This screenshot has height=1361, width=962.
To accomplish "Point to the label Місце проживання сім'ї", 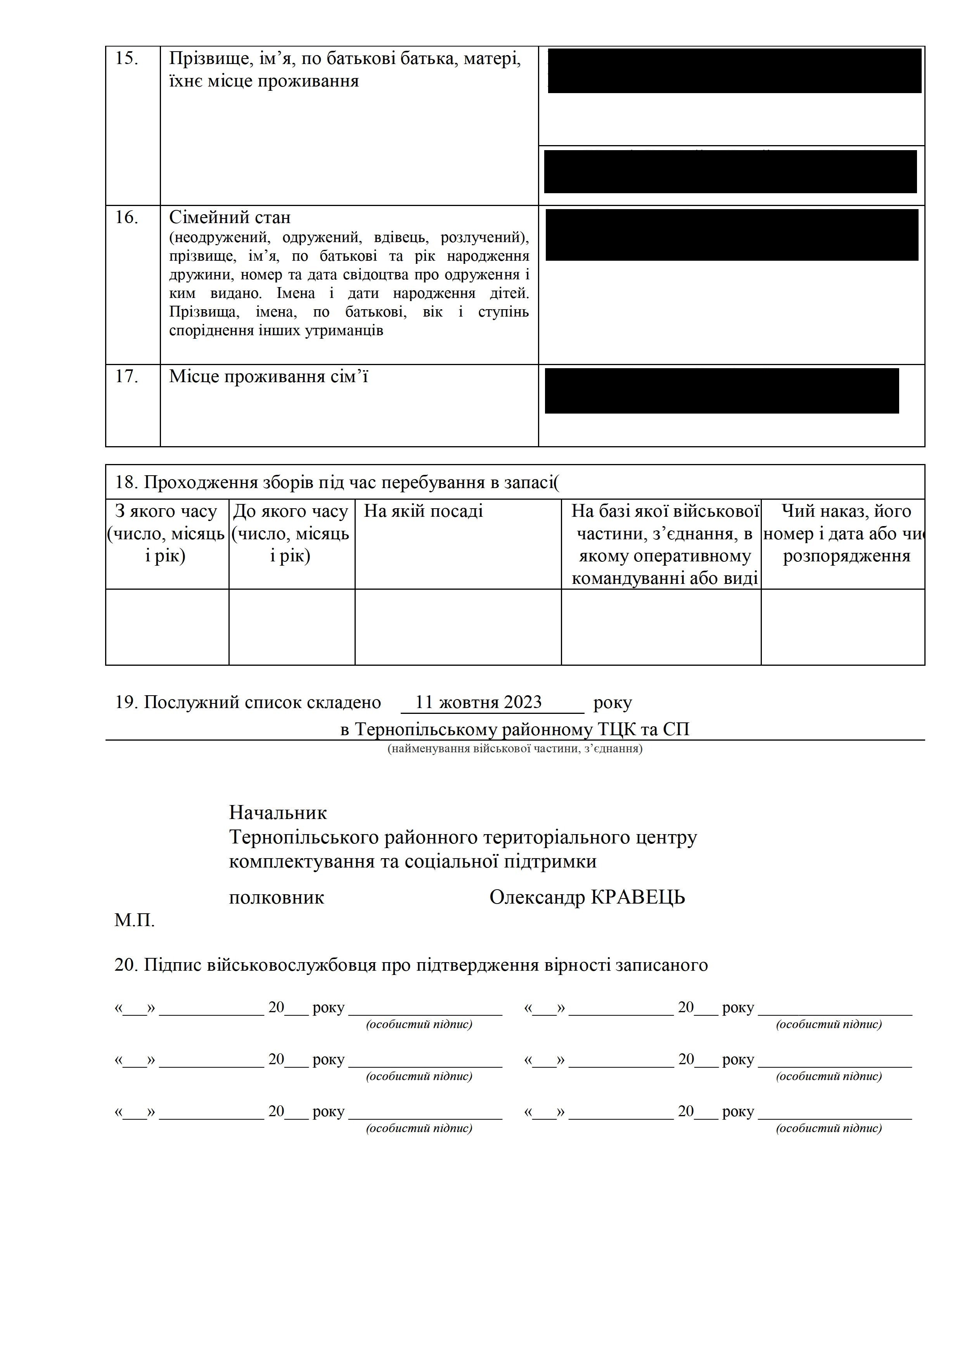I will (x=268, y=376).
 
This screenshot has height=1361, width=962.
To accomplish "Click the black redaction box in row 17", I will (x=721, y=391).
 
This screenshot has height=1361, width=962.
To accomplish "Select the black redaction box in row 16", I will (x=732, y=234).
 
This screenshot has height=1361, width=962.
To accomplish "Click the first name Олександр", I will (x=537, y=897).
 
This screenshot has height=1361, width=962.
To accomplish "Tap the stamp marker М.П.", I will (x=135, y=921).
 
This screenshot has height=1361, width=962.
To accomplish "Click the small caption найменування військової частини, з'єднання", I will (x=514, y=749).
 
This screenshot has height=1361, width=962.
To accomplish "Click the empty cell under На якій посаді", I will (x=458, y=627).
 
